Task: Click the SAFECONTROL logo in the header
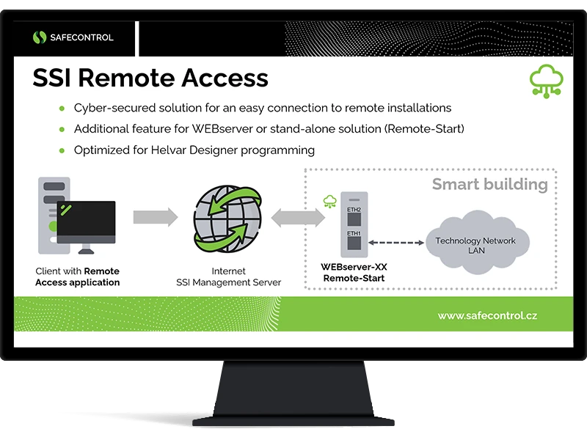tap(73, 37)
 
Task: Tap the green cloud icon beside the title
tap(546, 81)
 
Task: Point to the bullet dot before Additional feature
tap(62, 129)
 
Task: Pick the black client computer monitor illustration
tap(86, 221)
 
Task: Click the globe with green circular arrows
tap(227, 217)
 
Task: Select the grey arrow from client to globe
tap(156, 217)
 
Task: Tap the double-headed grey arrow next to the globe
tap(298, 217)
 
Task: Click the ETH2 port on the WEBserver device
tap(354, 209)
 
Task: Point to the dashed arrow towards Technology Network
tap(397, 241)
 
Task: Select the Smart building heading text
tap(489, 184)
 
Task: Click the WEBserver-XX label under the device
tap(353, 268)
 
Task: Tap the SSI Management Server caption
tap(228, 282)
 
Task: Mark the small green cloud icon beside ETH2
tap(329, 201)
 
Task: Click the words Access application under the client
tap(77, 282)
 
